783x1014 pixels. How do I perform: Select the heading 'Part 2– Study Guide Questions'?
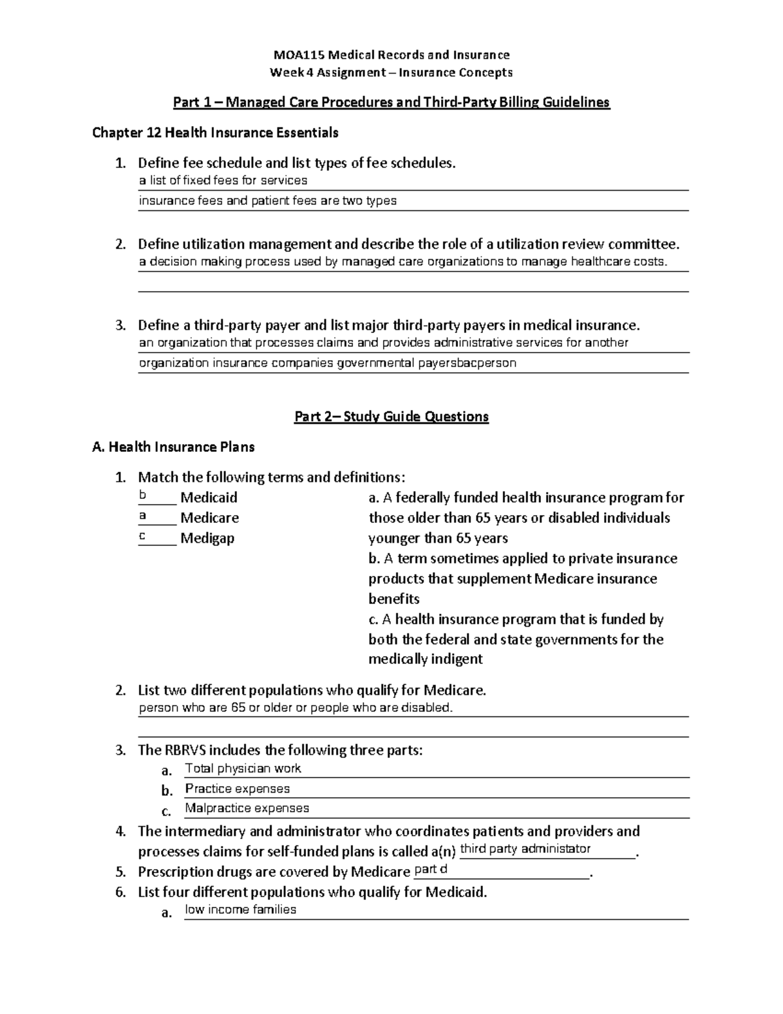(391, 417)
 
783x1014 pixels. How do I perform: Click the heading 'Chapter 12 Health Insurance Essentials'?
(215, 133)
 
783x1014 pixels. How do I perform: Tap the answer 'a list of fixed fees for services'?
(223, 180)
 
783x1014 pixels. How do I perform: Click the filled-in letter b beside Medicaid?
(143, 496)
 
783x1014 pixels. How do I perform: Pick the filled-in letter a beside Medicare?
(143, 516)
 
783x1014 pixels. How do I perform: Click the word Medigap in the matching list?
(207, 538)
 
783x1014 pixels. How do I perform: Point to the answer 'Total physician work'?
(243, 768)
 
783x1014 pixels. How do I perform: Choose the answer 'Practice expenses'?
(237, 789)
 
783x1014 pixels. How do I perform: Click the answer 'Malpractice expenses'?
(247, 808)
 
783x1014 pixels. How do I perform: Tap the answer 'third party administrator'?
(525, 849)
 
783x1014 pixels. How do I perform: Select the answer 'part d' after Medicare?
(431, 869)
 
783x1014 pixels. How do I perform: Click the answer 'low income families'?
(240, 910)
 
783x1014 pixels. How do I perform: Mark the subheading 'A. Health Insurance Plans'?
(174, 447)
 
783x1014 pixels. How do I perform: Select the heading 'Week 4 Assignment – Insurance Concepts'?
(391, 72)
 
